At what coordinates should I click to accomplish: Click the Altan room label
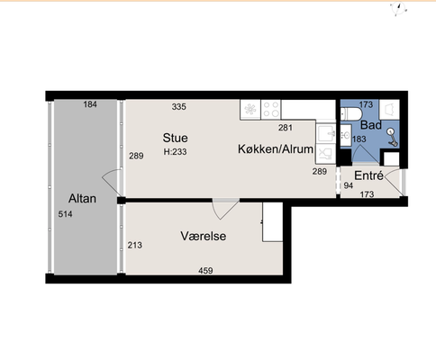(x=82, y=199)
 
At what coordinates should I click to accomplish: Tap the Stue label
(x=176, y=138)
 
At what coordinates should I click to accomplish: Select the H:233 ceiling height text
(x=175, y=152)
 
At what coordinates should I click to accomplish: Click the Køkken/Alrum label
(x=276, y=148)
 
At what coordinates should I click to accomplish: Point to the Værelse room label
(x=204, y=236)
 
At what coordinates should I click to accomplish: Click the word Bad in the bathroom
(x=371, y=125)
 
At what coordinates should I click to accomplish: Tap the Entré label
(x=368, y=175)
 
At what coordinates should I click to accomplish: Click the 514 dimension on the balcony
(x=65, y=214)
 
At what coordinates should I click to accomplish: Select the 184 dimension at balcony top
(x=90, y=104)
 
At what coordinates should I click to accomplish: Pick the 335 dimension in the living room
(x=179, y=106)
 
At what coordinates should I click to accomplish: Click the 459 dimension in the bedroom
(x=205, y=271)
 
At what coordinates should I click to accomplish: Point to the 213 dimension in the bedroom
(x=135, y=245)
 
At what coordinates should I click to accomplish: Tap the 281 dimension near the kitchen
(x=286, y=128)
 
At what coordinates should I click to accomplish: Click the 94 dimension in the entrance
(x=349, y=185)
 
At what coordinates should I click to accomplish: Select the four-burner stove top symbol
(x=271, y=109)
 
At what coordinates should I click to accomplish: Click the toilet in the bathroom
(x=349, y=114)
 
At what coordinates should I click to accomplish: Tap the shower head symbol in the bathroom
(x=392, y=138)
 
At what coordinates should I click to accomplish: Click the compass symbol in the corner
(x=399, y=9)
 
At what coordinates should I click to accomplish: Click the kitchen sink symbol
(x=326, y=134)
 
